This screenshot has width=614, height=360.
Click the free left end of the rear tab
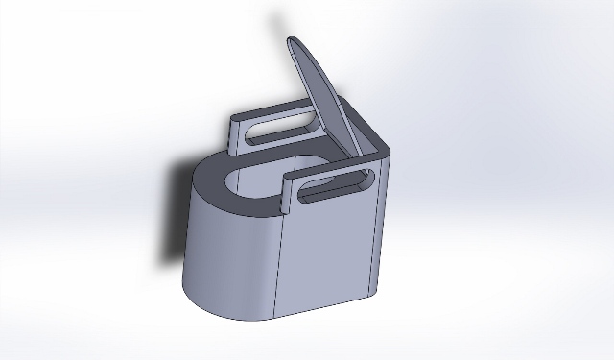click(x=234, y=135)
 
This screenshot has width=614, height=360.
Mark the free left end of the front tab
click(x=288, y=192)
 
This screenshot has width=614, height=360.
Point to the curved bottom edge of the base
click(x=221, y=307)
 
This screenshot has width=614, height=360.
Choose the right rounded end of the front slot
click(x=366, y=179)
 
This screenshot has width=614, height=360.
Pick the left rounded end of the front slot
click(x=305, y=195)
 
